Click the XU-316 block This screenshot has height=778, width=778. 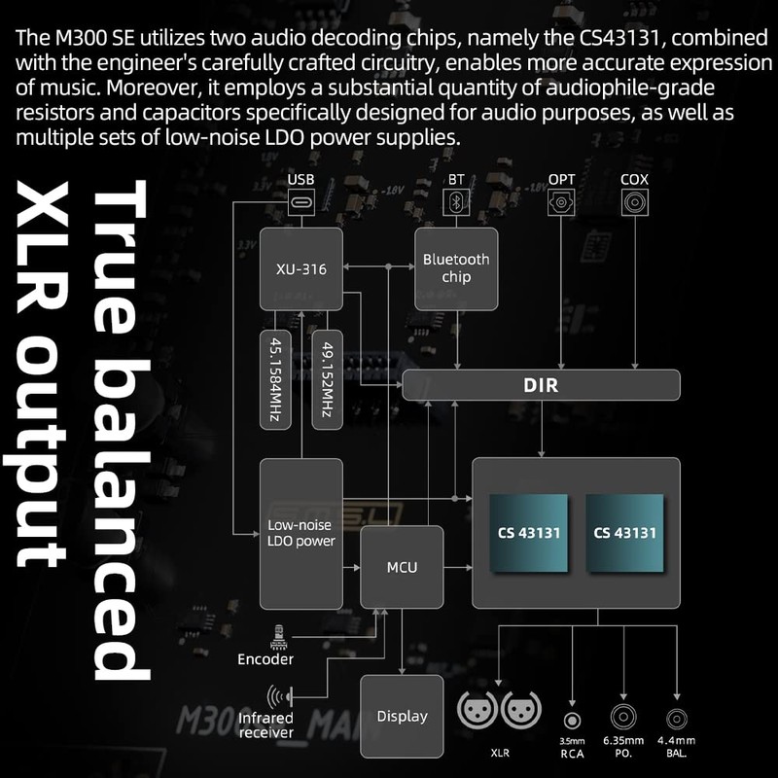[x=301, y=269]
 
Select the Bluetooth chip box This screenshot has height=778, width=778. [x=456, y=268]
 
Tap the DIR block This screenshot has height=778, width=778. [x=540, y=385]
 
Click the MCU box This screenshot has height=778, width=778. [x=402, y=566]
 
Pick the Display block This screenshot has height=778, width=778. [x=402, y=717]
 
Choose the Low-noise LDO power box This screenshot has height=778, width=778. [x=301, y=533]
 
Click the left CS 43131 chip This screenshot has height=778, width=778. [x=529, y=533]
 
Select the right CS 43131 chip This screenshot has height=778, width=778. [x=624, y=533]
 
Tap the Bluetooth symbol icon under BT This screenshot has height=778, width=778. [x=456, y=201]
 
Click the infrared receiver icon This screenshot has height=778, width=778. [x=283, y=697]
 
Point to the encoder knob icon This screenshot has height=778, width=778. [x=279, y=636]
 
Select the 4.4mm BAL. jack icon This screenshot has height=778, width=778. [x=676, y=720]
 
